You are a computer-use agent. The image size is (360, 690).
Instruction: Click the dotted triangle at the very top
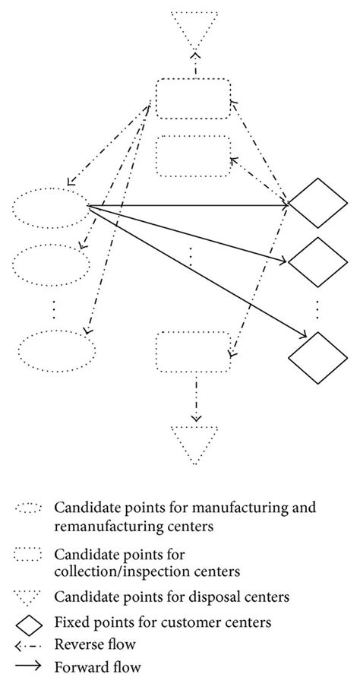195,28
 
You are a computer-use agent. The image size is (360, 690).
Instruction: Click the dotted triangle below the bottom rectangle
196,443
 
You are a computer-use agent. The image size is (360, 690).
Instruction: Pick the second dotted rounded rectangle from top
194,156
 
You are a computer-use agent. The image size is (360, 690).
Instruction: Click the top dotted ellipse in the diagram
52,207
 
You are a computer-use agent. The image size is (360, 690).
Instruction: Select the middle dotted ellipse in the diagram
52,263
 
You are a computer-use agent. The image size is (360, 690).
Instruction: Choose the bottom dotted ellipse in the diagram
56,350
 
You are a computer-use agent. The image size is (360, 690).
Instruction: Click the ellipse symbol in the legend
31,508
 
